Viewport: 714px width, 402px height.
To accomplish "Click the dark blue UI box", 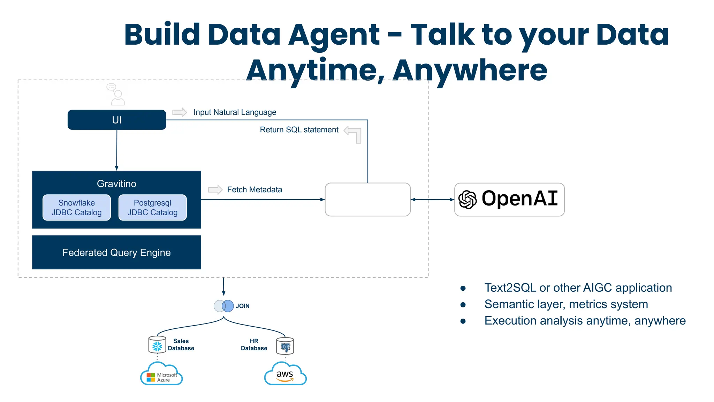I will [x=117, y=120].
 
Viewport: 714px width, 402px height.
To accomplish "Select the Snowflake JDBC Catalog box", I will [x=77, y=208].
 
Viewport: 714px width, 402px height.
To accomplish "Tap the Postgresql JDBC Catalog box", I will [x=152, y=208].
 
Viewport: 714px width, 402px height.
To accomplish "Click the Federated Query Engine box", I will [x=116, y=252].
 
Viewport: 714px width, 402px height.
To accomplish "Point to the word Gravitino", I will [x=116, y=184].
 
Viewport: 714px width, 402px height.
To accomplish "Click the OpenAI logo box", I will [x=509, y=199].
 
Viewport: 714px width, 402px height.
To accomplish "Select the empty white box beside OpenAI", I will [x=367, y=199].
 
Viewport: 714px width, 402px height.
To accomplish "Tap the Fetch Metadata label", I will [x=255, y=189].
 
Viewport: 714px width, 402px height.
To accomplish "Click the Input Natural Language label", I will [x=235, y=112].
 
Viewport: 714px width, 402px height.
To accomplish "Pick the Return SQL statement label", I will [x=299, y=130].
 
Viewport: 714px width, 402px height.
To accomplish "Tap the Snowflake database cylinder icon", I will [x=157, y=345].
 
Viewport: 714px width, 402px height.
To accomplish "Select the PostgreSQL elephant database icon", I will [x=285, y=346].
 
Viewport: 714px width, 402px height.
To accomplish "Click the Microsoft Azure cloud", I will [x=161, y=375].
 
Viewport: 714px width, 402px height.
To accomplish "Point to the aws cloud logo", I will [x=285, y=374].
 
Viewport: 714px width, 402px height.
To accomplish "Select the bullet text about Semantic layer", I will [x=566, y=304].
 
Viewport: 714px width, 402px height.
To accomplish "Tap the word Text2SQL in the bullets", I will [x=510, y=288].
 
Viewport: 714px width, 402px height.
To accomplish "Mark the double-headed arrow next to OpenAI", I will [x=432, y=200].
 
